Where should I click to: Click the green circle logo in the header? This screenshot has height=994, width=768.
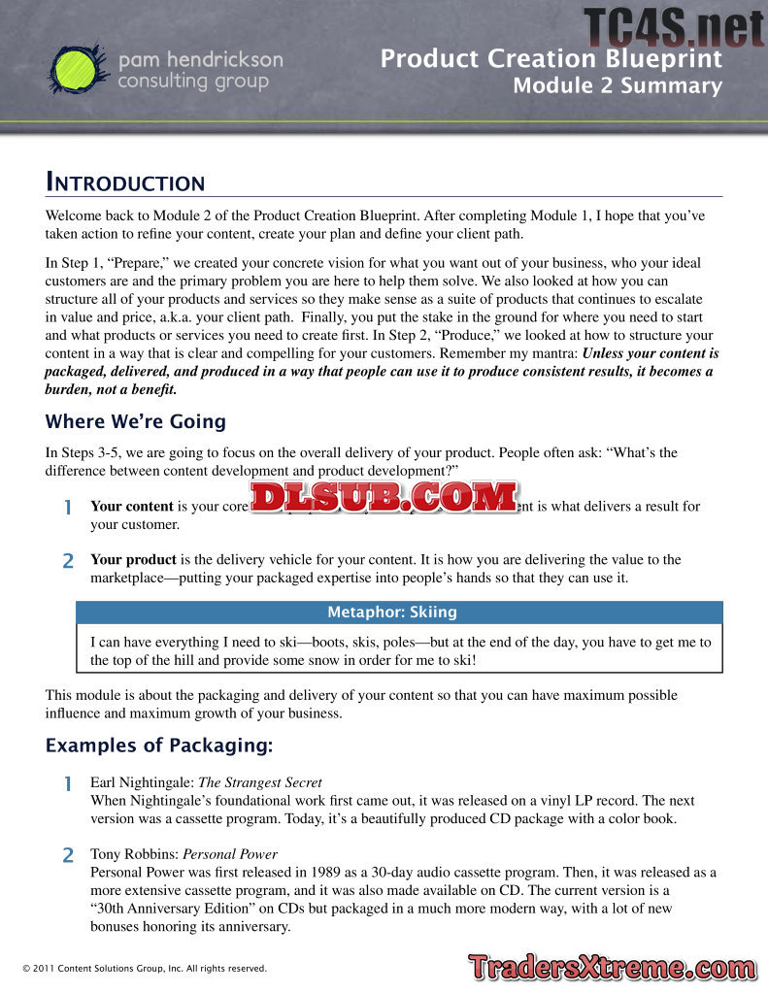tap(76, 69)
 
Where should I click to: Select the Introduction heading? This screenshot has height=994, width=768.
tap(125, 182)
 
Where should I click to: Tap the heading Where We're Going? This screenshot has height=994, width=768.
tap(135, 421)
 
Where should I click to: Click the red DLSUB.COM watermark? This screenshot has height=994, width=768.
tap(384, 497)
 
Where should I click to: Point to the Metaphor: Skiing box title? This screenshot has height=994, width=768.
tap(391, 613)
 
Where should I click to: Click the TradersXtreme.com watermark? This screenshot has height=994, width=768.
tap(611, 968)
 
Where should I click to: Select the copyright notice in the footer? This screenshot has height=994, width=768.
tap(144, 969)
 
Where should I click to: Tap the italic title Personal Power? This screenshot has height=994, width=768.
tap(230, 854)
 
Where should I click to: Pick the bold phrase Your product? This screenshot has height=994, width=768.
tap(133, 559)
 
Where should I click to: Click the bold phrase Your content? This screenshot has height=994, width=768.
tap(132, 506)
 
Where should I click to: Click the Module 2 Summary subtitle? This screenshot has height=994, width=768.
tap(618, 86)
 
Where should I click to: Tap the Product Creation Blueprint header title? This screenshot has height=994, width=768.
tap(551, 59)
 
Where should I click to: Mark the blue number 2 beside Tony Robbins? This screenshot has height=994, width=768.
tap(68, 855)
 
